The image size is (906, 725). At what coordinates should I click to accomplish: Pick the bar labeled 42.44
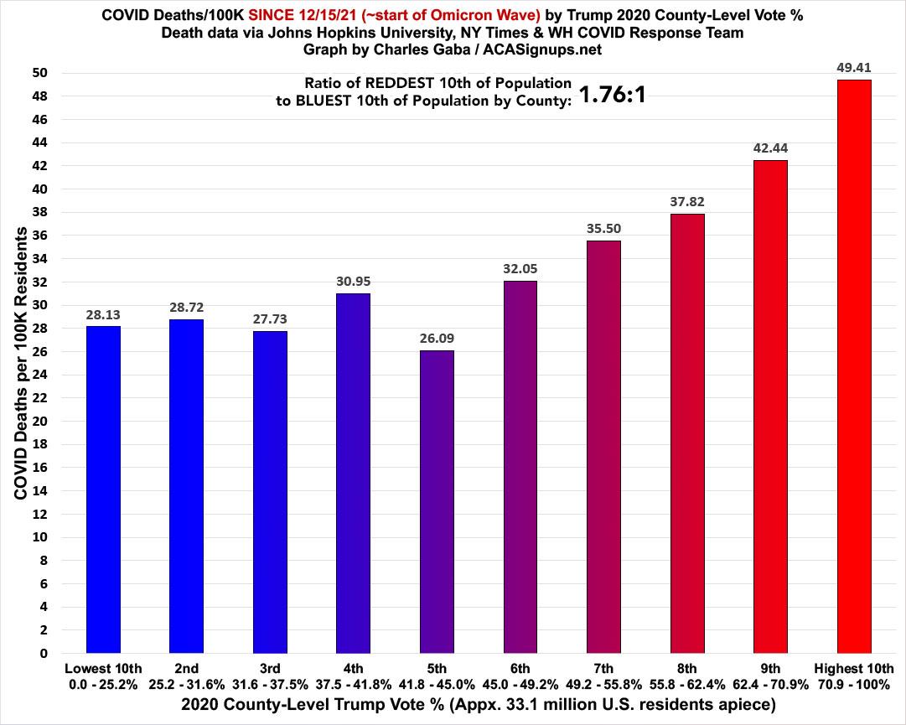point(770,407)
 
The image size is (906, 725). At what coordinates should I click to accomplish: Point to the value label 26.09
point(437,338)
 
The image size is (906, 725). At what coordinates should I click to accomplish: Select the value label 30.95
point(353,282)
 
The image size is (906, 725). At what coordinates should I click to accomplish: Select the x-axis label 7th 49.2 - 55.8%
point(603,675)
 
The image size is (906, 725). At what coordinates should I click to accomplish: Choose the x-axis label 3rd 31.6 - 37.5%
point(270,675)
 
